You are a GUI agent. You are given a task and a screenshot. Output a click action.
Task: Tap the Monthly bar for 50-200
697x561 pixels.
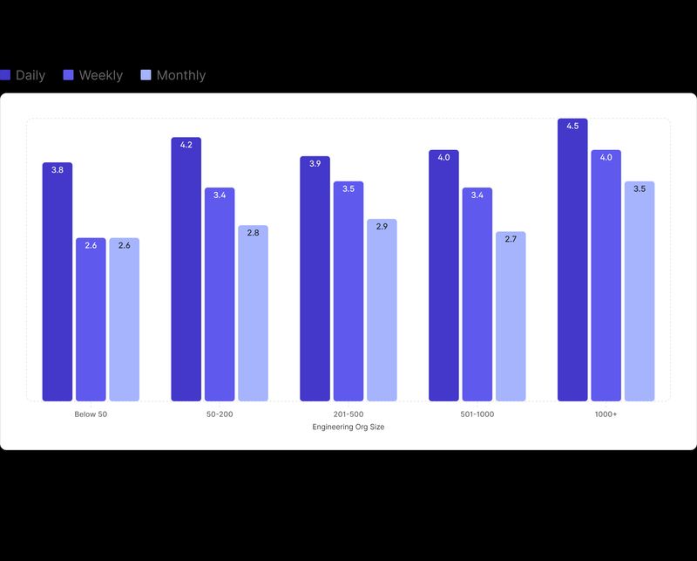click(x=253, y=313)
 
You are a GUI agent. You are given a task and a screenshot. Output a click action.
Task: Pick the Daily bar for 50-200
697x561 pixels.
click(x=186, y=270)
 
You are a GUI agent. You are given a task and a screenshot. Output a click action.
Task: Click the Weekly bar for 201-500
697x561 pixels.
click(x=348, y=291)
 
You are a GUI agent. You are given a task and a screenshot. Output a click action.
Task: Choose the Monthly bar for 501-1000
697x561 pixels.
click(x=511, y=317)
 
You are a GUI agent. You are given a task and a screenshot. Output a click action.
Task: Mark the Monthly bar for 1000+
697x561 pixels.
click(x=639, y=291)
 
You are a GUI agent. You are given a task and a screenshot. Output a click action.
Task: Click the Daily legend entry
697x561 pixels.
click(x=24, y=75)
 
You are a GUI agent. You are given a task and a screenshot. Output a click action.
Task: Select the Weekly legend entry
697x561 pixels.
click(x=93, y=75)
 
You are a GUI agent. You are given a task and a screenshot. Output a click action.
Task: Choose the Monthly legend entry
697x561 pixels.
click(x=173, y=75)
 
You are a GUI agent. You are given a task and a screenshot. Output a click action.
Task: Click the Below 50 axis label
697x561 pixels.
click(x=91, y=414)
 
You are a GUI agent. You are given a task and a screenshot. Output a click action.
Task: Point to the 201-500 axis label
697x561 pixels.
click(x=348, y=414)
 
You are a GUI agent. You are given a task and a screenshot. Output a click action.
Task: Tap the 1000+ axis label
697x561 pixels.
click(x=606, y=414)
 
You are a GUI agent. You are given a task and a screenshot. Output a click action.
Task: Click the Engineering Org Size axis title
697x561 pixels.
click(x=348, y=427)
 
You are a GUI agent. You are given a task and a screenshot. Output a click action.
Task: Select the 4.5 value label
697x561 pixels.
click(x=572, y=127)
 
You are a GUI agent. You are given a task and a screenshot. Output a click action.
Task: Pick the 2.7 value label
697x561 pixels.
click(x=511, y=239)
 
